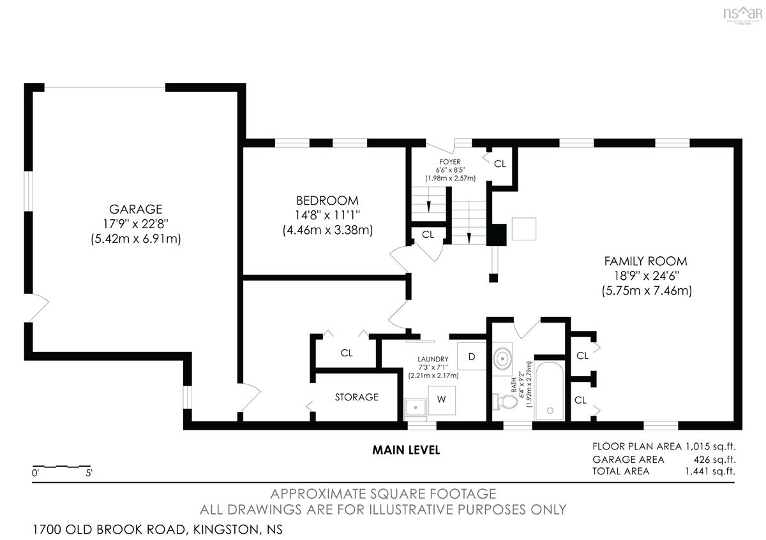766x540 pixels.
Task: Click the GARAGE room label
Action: click(x=136, y=209)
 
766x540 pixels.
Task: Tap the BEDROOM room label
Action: click(x=327, y=200)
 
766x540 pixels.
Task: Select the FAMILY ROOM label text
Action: click(x=645, y=261)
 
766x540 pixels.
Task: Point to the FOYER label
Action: click(x=450, y=162)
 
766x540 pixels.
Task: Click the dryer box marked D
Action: click(x=472, y=356)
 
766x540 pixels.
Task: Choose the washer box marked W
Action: click(x=442, y=400)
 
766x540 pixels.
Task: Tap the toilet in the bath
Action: click(x=505, y=402)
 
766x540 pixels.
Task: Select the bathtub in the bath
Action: click(x=550, y=391)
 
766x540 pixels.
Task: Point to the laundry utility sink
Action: click(x=416, y=409)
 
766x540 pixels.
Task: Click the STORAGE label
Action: click(x=357, y=397)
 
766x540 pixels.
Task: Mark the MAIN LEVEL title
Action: click(x=406, y=450)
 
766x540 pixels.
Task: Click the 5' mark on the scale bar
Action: click(x=89, y=474)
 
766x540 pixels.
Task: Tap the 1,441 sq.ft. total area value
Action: click(x=710, y=471)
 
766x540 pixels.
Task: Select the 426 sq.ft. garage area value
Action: click(x=714, y=460)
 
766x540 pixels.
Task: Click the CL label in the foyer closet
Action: click(x=500, y=164)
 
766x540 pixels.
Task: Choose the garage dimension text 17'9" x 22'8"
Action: click(x=136, y=224)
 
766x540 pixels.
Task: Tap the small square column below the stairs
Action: click(x=493, y=278)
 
